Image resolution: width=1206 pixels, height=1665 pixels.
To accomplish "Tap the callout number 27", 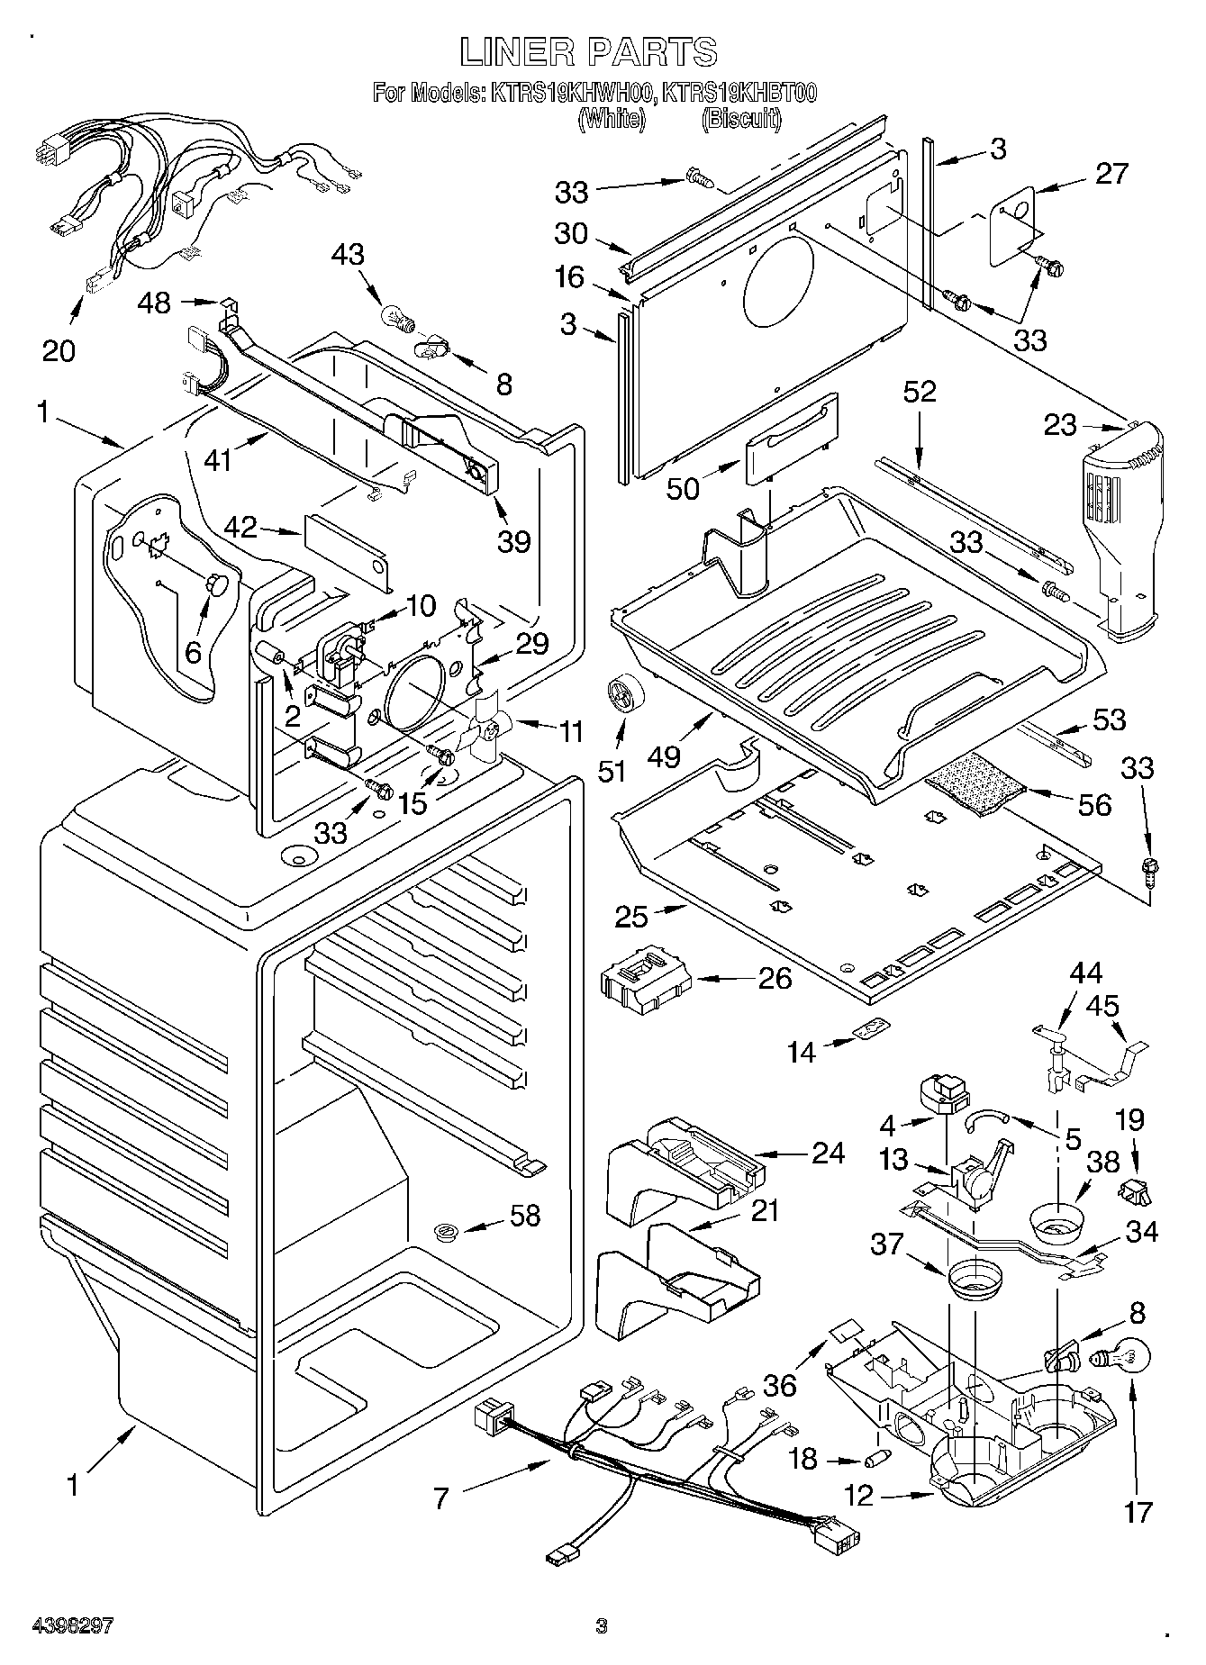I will click(1111, 173).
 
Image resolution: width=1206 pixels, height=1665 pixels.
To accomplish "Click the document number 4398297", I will click(71, 1625).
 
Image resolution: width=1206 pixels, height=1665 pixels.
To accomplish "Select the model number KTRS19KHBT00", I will click(739, 93).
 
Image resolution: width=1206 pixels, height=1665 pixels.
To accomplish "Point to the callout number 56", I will click(1094, 804).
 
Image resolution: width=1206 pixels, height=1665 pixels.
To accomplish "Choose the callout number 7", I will click(440, 1498).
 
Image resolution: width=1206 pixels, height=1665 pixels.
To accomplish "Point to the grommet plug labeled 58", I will click(442, 1231).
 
